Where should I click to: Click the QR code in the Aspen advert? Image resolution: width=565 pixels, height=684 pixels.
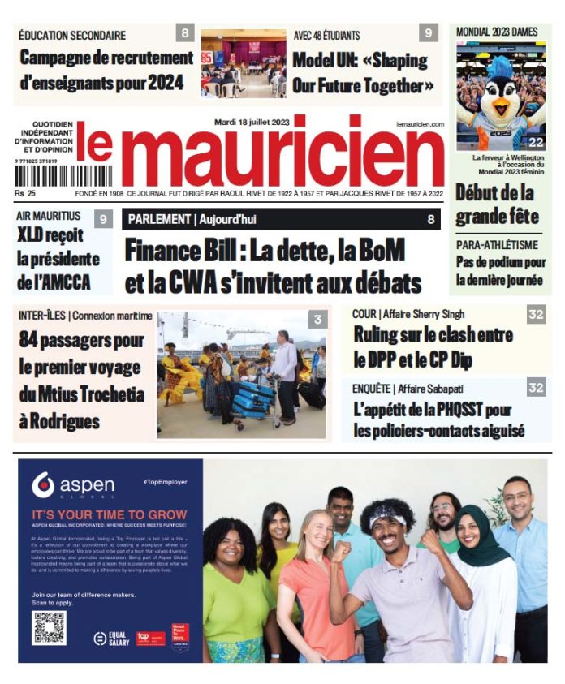tap(49, 627)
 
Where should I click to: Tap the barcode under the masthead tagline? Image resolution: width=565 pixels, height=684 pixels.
tap(52, 176)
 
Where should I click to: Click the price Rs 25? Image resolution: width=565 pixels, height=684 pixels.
tap(25, 194)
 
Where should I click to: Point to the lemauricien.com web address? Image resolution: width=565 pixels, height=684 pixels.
tap(420, 123)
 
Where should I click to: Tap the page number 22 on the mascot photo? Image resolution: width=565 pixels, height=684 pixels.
tap(537, 142)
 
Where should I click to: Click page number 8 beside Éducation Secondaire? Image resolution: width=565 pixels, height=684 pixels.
tap(186, 33)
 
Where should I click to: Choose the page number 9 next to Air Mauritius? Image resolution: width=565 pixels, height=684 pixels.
tap(103, 218)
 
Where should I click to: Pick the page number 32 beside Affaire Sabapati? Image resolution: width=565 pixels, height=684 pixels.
tap(536, 387)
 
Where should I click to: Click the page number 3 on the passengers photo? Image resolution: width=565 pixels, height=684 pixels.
tap(317, 321)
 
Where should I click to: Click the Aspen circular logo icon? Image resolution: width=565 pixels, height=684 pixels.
tap(43, 485)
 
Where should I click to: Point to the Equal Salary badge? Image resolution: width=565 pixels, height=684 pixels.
tap(109, 639)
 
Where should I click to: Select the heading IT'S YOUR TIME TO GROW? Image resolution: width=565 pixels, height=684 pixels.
tap(109, 514)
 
